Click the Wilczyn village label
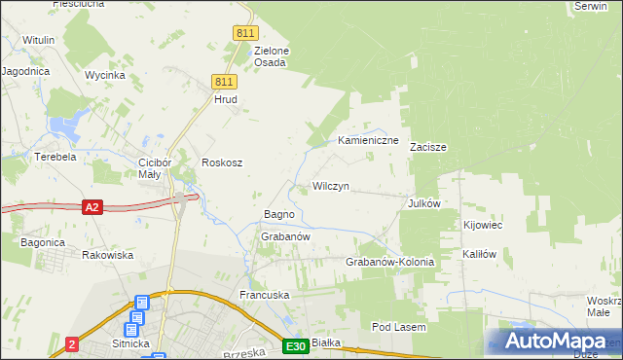(x=331, y=186)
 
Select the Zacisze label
(x=427, y=148)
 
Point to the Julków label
(x=425, y=203)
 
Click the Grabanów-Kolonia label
(x=389, y=263)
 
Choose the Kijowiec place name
(x=482, y=226)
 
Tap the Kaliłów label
(x=480, y=254)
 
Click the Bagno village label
(x=279, y=214)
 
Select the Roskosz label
(x=221, y=162)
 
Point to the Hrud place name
(x=226, y=99)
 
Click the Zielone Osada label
(x=272, y=56)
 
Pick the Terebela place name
(x=55, y=157)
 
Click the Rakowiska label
(x=107, y=255)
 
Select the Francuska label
(x=266, y=294)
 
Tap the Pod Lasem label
(x=399, y=328)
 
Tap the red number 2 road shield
(x=72, y=344)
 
